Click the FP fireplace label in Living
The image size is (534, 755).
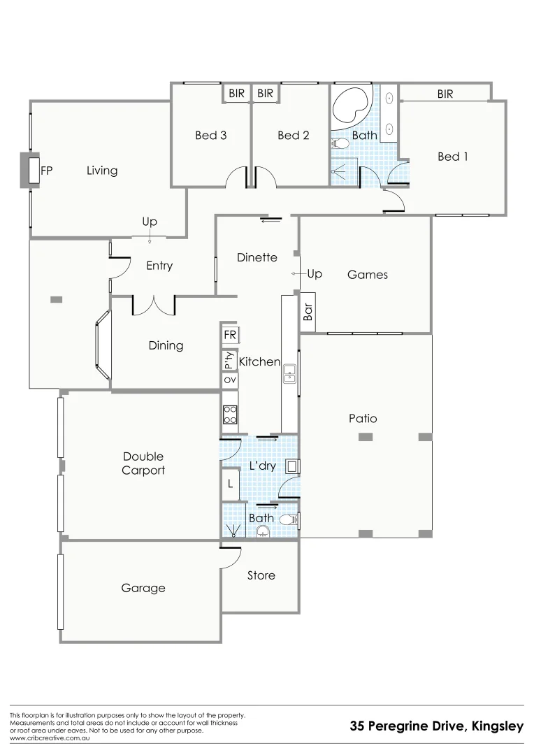pyautogui.click(x=48, y=170)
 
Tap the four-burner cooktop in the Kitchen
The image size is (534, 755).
pyautogui.click(x=230, y=415)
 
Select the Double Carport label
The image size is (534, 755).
pyautogui.click(x=143, y=463)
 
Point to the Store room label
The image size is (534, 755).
pyautogui.click(x=261, y=575)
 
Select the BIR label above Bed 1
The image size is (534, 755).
pyautogui.click(x=445, y=94)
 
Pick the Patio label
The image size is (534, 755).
pyautogui.click(x=363, y=419)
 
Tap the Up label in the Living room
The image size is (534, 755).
pyautogui.click(x=150, y=222)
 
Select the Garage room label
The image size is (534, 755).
pyautogui.click(x=143, y=588)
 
